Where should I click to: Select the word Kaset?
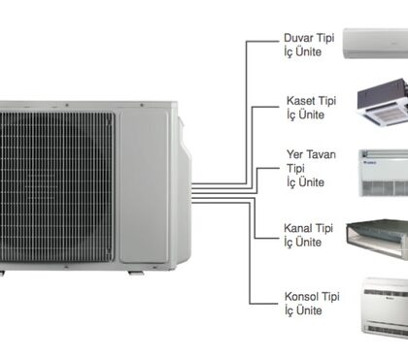301,101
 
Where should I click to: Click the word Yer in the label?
294,154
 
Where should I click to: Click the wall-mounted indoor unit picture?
376,44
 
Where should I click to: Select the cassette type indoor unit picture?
383,102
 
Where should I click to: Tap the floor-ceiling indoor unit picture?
384,173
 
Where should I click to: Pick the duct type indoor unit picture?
377,239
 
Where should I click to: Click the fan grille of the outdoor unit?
57,187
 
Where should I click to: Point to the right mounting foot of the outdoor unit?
136,273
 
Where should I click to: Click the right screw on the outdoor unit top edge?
142,105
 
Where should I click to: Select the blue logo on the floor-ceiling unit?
370,162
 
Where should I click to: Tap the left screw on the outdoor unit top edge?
67,105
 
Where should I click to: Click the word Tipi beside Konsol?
330,296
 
